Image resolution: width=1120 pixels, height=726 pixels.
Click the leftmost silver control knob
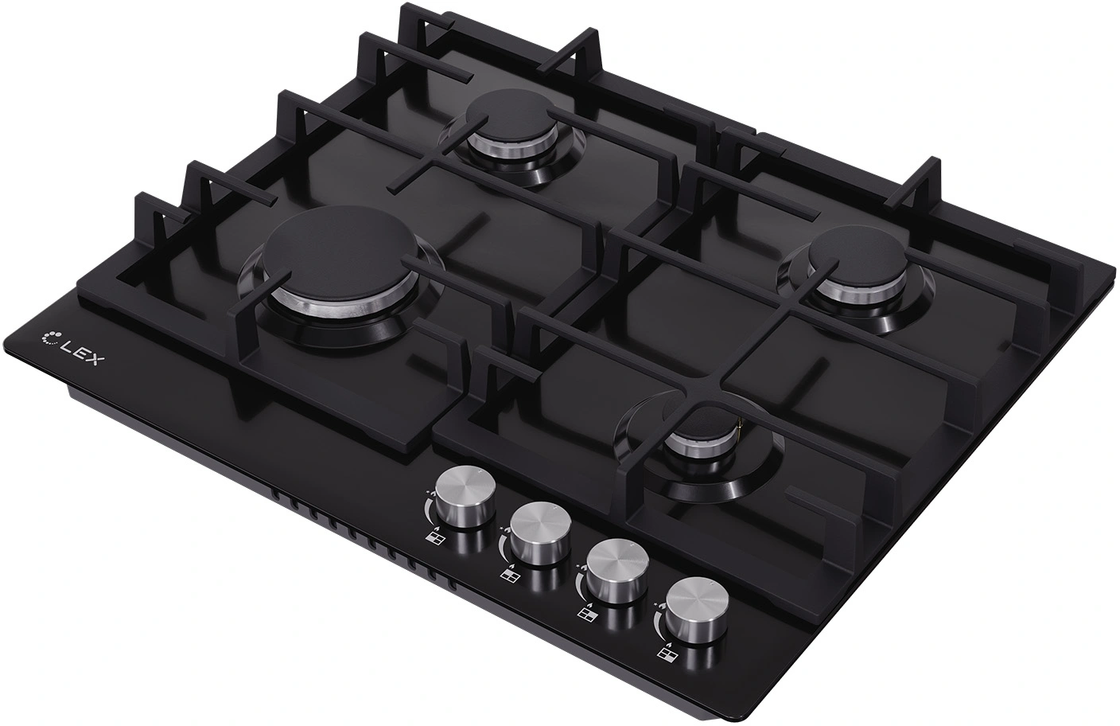(x=465, y=494)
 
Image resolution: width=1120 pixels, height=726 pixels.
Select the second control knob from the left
(x=542, y=533)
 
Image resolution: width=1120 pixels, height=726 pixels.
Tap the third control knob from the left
(x=617, y=572)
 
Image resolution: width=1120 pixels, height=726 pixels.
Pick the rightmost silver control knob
(x=697, y=611)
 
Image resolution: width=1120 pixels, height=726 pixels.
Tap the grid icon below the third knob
(x=584, y=615)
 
